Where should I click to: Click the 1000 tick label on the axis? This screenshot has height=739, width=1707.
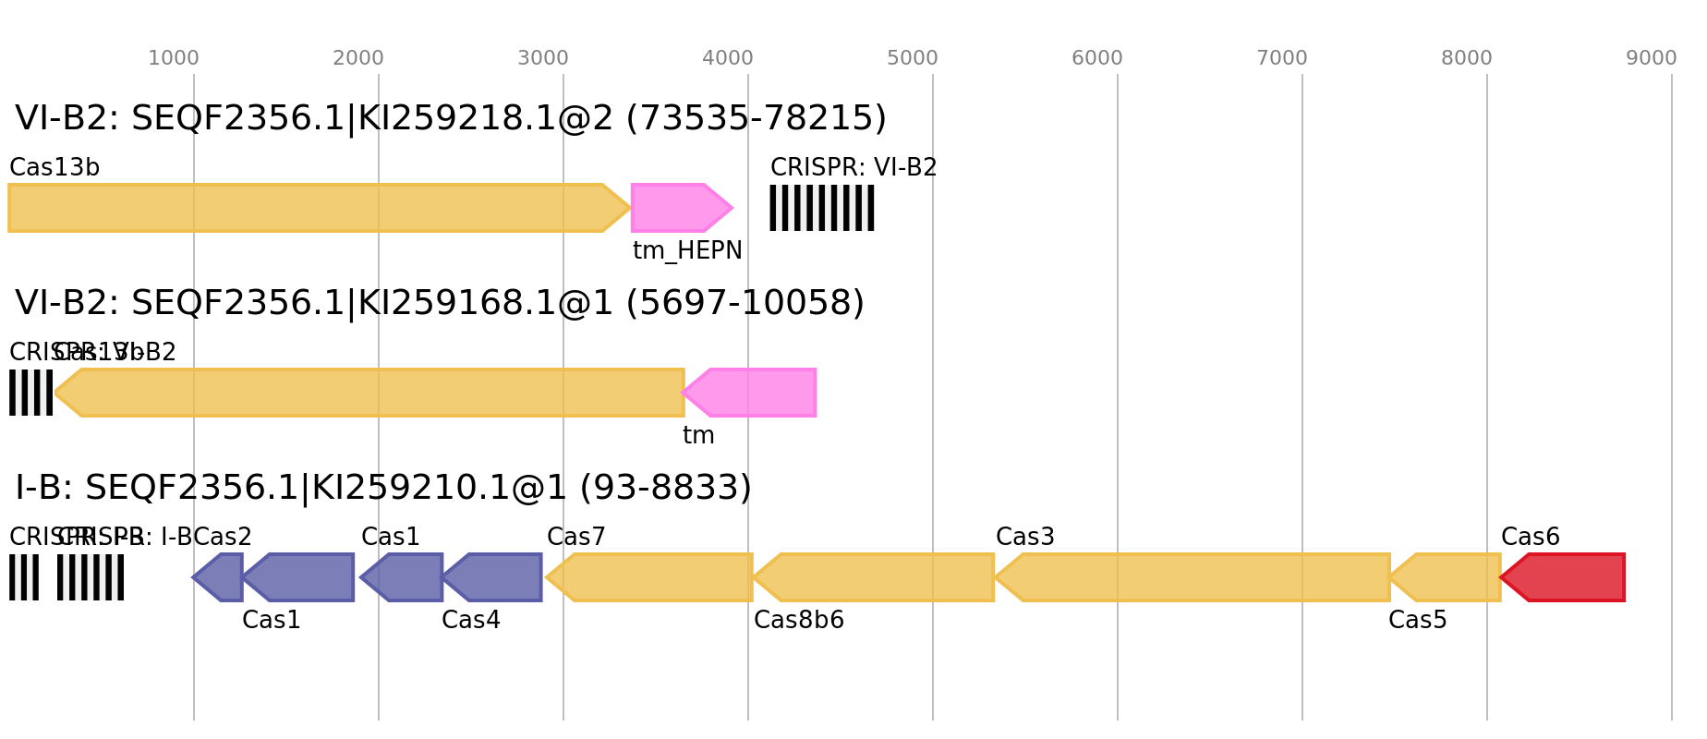click(174, 58)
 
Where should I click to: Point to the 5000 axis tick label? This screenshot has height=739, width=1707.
click(913, 58)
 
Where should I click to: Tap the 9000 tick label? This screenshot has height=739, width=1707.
click(1652, 58)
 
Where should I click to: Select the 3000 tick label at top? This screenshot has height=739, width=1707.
click(543, 58)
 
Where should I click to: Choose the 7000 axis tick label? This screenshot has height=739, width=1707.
click(1282, 58)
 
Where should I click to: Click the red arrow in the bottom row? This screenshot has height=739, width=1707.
click(1566, 577)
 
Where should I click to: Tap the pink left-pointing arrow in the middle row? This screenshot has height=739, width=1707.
click(752, 393)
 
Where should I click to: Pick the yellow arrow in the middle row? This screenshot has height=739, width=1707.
click(369, 393)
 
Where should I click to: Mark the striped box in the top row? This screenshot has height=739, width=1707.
click(822, 208)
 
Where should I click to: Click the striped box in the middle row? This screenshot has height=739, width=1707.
click(30, 393)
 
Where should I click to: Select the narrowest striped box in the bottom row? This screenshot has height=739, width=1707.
click(24, 577)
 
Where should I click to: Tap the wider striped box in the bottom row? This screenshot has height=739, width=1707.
click(91, 577)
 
